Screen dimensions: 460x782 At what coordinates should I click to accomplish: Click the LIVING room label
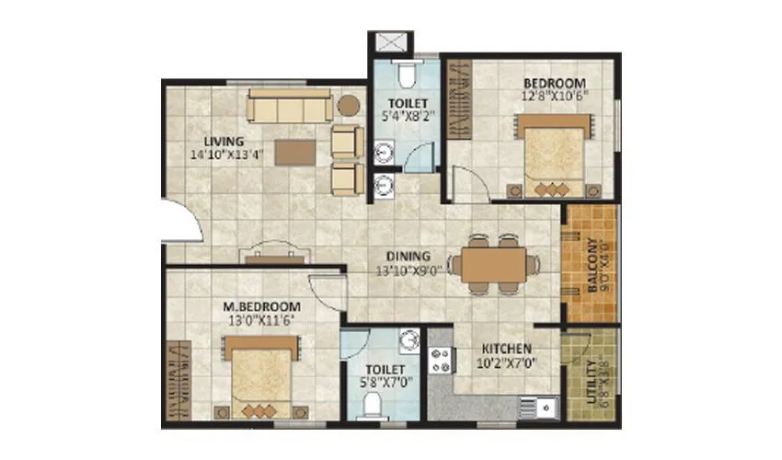[x=224, y=142]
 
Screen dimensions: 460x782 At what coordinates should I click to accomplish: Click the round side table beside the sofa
[x=348, y=105]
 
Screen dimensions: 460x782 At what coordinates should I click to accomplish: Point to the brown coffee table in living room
[x=301, y=151]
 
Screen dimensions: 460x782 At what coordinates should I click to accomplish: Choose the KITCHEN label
[x=506, y=349]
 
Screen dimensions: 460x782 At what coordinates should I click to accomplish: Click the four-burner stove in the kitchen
[x=441, y=360]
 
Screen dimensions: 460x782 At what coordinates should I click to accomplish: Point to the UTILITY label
[x=590, y=378]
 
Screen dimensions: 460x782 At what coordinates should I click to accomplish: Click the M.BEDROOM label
[x=262, y=306]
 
